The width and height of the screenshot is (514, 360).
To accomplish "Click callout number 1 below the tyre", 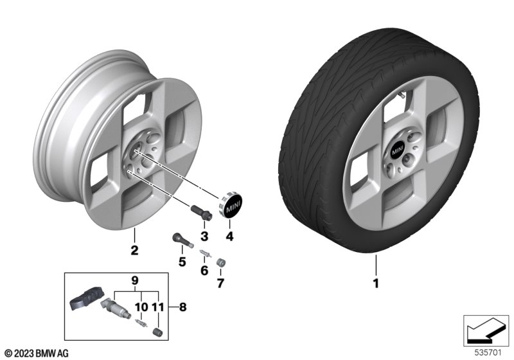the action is point(376,283).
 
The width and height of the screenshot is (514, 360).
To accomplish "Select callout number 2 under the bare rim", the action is point(134,251).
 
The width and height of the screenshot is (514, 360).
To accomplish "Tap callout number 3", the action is point(204,236).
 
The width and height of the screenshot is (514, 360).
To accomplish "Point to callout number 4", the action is point(229,236).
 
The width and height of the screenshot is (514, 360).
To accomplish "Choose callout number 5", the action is point(182,262).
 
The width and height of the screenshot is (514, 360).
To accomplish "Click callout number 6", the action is point(204,271).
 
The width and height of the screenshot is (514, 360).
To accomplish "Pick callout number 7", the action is point(220,283).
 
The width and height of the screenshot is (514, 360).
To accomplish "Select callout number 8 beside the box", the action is point(182,307).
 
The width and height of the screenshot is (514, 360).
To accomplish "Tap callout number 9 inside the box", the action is point(135,281).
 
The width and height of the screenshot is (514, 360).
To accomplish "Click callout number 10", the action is point(141,307).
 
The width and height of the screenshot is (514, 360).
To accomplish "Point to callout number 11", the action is point(157,307).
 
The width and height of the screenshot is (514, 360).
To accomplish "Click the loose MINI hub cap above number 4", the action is point(231,206).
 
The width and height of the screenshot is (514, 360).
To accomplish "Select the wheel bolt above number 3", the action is point(201,212).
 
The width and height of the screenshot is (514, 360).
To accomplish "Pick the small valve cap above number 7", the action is point(220,262).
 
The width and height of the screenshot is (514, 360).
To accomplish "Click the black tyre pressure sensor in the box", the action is point(87,297).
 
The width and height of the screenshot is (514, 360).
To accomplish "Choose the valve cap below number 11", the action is point(157,331).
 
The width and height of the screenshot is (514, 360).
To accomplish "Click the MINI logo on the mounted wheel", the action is point(397,151).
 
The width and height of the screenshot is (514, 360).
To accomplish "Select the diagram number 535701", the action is point(488,352).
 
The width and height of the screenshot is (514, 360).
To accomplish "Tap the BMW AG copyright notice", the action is point(37,353).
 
